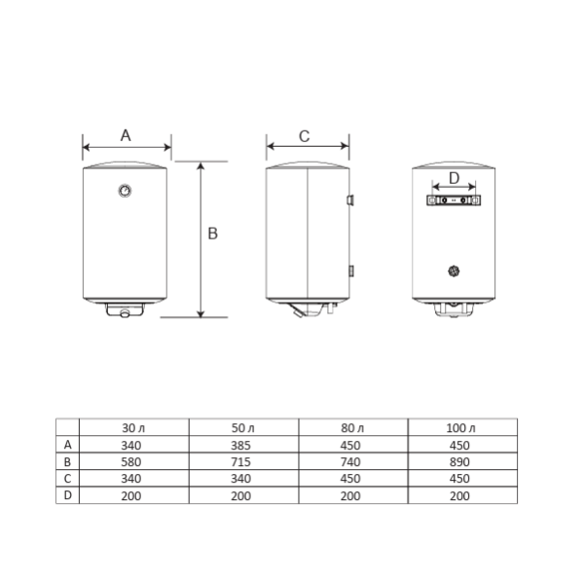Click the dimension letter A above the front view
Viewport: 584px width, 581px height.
click(x=126, y=135)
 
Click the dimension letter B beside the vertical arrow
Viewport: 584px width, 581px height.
click(x=212, y=234)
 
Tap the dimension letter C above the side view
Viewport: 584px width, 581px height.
click(x=304, y=136)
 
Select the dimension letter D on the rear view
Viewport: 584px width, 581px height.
click(x=453, y=179)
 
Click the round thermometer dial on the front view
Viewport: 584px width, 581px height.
click(x=127, y=191)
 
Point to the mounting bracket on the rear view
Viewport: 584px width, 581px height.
click(x=453, y=201)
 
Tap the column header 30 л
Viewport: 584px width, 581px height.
click(x=133, y=427)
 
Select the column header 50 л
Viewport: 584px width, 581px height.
click(x=243, y=427)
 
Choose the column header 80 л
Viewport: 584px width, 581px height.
click(x=352, y=427)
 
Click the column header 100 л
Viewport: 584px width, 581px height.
click(x=462, y=427)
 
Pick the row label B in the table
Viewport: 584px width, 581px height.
click(x=67, y=461)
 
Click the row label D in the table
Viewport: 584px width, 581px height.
click(x=67, y=494)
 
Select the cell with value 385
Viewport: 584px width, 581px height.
click(x=243, y=445)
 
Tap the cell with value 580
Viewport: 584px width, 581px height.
click(x=133, y=461)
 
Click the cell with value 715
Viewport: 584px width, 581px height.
click(x=243, y=461)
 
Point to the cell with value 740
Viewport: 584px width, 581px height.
click(x=352, y=461)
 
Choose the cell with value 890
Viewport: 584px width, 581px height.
click(x=462, y=461)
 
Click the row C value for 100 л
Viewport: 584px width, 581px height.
click(x=462, y=478)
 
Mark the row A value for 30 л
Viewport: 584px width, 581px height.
click(x=133, y=445)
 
